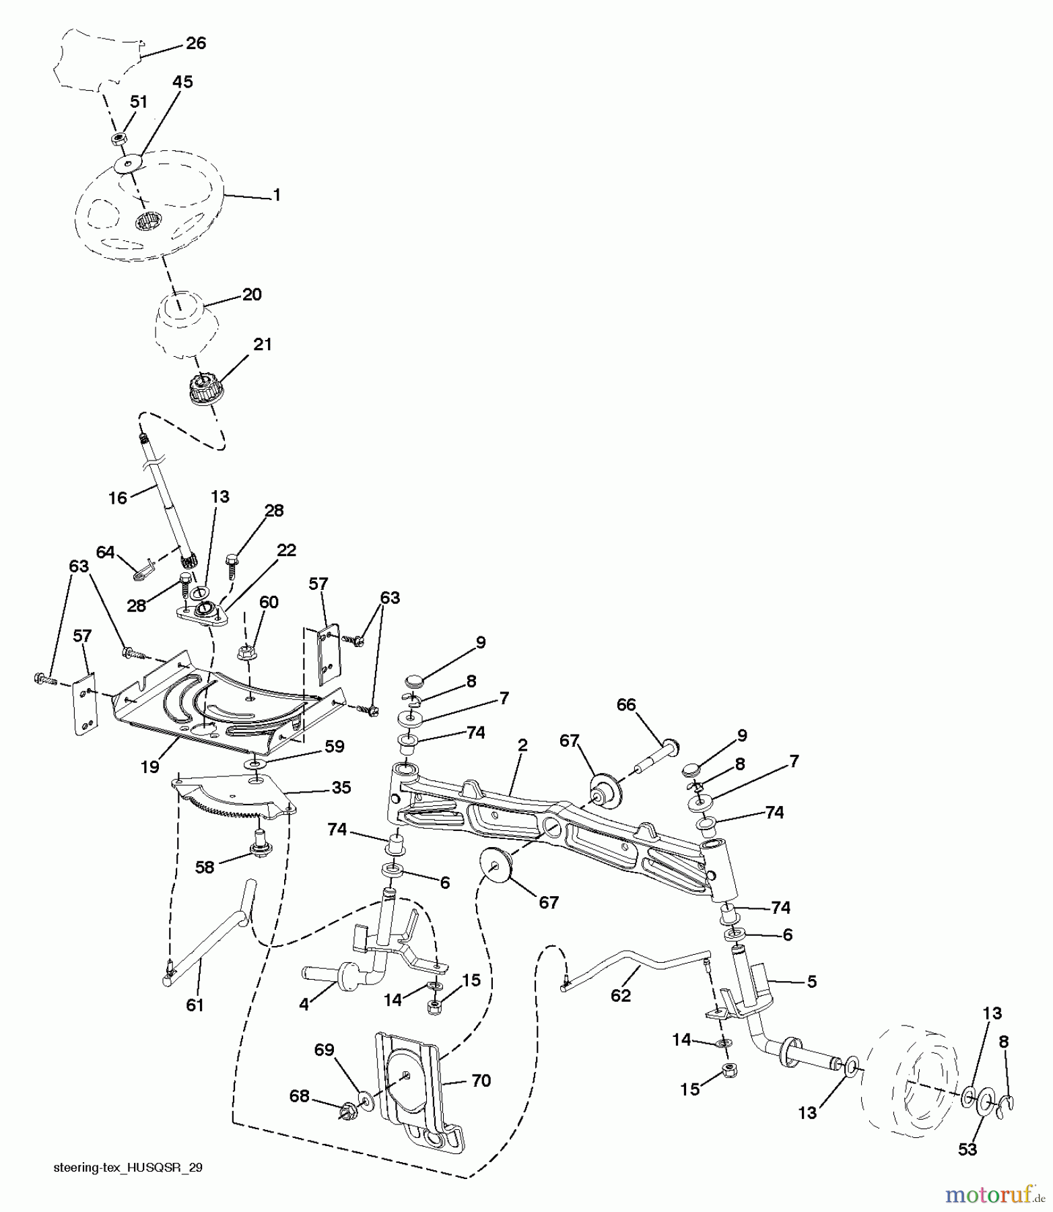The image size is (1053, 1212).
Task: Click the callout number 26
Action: [x=195, y=44]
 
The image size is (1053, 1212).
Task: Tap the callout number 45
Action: [x=182, y=82]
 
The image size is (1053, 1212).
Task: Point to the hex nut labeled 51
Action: [x=118, y=139]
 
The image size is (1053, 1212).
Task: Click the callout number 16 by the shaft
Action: [x=117, y=498]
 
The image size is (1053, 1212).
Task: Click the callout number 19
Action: [x=149, y=766]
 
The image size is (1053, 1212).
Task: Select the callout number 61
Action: [x=195, y=1005]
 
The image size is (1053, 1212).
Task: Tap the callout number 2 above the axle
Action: [x=522, y=745]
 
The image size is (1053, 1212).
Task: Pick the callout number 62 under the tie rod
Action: [x=620, y=995]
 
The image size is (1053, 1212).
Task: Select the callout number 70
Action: [x=481, y=1081]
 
